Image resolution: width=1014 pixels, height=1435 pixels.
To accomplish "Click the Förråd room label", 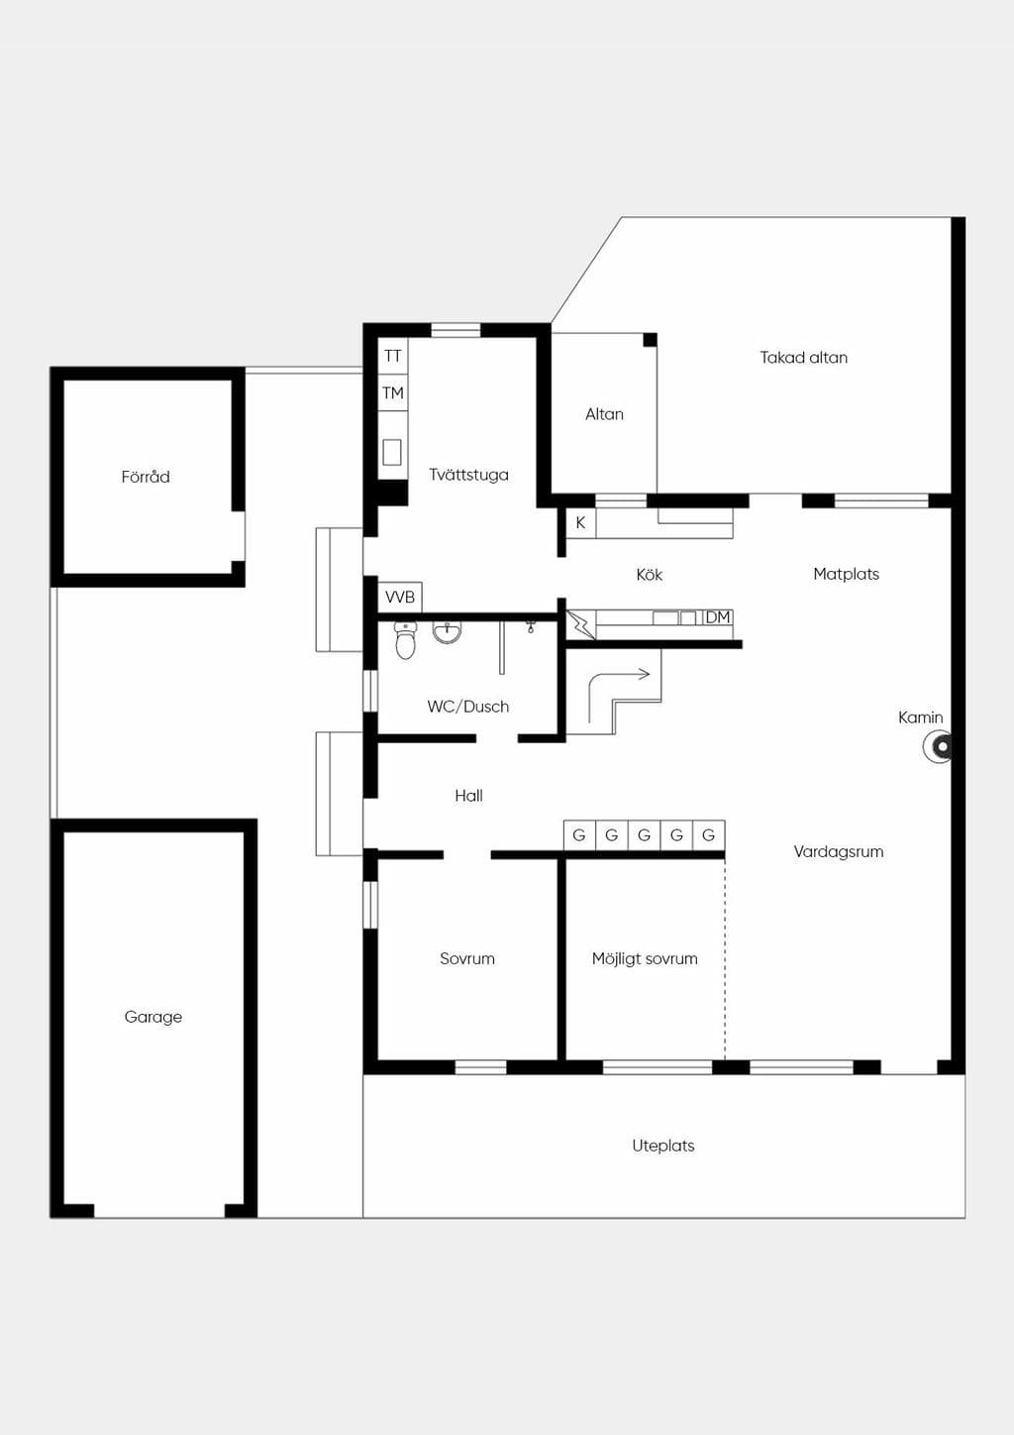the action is (x=146, y=477).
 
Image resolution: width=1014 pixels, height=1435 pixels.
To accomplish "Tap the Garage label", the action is (x=153, y=1017).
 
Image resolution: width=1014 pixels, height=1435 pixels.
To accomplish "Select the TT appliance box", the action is (x=392, y=356).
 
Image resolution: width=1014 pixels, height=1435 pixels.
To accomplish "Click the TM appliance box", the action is (x=392, y=392).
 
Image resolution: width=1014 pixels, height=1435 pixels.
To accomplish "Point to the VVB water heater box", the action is (x=400, y=597).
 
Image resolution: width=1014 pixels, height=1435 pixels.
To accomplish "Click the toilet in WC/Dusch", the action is (x=405, y=640).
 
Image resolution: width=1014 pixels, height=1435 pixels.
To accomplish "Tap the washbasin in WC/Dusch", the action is (x=447, y=632).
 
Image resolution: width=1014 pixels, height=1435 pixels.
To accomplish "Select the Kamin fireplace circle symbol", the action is (x=938, y=746).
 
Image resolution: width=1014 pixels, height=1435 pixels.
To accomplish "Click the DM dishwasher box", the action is (x=718, y=617).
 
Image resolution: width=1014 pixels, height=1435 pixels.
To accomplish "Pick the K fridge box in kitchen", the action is (x=580, y=522).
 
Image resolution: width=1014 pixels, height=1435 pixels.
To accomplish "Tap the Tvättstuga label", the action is (x=468, y=475).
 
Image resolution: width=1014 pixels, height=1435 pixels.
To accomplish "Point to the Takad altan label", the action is (x=803, y=358).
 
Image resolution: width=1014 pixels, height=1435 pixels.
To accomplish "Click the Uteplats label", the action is (x=663, y=1146).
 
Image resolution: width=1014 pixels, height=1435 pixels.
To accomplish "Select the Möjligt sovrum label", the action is (x=645, y=958).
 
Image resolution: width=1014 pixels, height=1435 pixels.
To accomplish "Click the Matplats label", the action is (x=847, y=574).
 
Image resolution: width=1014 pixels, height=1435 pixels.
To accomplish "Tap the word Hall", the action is (x=468, y=796).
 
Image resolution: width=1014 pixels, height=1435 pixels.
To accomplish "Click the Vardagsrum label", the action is (x=839, y=851).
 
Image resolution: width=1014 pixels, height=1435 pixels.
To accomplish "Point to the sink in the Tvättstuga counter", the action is (x=392, y=452).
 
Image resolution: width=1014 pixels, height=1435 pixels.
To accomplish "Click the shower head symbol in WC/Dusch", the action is (x=531, y=626).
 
